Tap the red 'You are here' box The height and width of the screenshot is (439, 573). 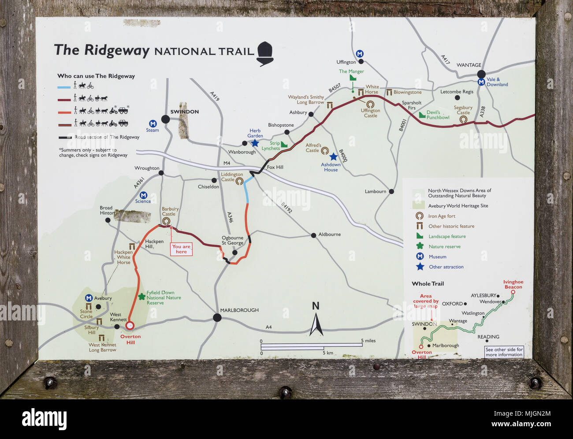181,249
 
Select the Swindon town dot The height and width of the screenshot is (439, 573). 165,119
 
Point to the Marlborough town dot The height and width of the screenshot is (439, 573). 217,317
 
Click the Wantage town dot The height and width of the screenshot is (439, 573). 481,74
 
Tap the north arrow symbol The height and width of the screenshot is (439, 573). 316,320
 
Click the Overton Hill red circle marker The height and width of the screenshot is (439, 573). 130,326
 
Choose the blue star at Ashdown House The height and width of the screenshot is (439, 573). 334,157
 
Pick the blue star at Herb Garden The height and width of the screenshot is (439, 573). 255,143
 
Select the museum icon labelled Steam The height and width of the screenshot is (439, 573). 153,124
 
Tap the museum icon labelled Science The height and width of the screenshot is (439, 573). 143,195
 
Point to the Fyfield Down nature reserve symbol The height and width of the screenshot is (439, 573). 141,297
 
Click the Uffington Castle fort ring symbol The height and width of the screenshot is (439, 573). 370,104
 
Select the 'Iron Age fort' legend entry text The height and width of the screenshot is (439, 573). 442,216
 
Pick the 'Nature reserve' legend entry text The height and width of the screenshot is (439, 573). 444,247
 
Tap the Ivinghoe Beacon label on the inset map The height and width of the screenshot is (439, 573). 513,284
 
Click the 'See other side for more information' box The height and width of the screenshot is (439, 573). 504,352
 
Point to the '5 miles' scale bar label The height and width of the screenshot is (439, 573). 368,341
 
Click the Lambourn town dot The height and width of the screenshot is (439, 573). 391,192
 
